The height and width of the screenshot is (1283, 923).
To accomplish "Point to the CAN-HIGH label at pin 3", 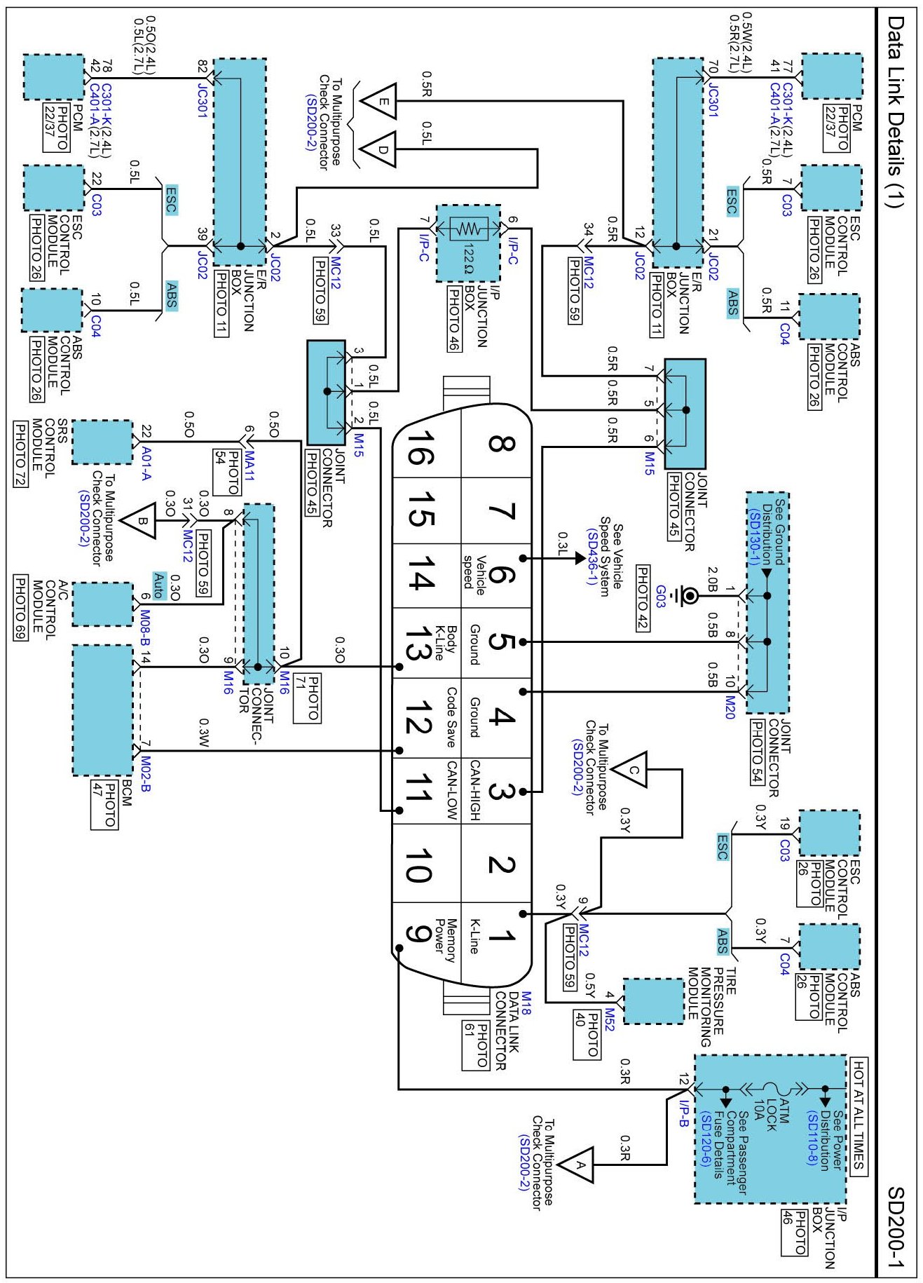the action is [475, 790].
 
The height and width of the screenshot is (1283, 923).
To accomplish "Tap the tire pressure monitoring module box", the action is [653, 1000].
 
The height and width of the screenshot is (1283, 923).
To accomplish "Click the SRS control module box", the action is [102, 442].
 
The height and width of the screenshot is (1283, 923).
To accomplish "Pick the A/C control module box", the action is [102, 604].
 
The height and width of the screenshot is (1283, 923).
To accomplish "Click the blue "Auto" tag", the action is [159, 585].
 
